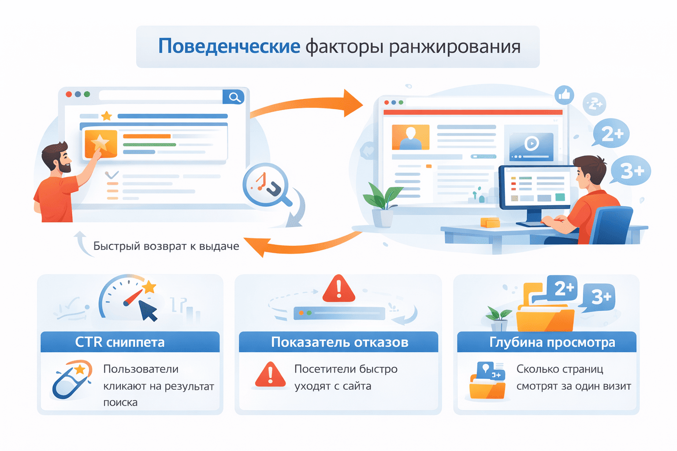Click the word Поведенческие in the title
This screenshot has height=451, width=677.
coord(229,46)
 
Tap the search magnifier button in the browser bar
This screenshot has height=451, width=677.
coord(234,97)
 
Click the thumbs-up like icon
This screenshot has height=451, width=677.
coord(565,95)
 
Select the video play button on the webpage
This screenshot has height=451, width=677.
coord(532,144)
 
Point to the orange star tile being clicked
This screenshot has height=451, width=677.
coord(100,143)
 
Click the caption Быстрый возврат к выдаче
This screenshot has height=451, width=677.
coord(166,246)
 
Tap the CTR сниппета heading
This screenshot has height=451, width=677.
coord(120,342)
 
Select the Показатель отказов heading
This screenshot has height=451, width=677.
coord(339,342)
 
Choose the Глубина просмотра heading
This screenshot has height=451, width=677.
coord(552,342)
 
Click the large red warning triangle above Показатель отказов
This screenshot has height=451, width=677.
coord(338,289)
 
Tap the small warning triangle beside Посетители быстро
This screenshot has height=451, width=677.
coord(270,375)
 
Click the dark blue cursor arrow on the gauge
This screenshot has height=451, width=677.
coord(148,311)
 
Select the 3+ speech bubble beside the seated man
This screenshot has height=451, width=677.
coord(631,170)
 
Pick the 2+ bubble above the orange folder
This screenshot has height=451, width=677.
coord(562,289)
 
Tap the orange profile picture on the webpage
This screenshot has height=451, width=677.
coord(410,137)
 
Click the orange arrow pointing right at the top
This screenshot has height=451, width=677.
coord(309,105)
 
